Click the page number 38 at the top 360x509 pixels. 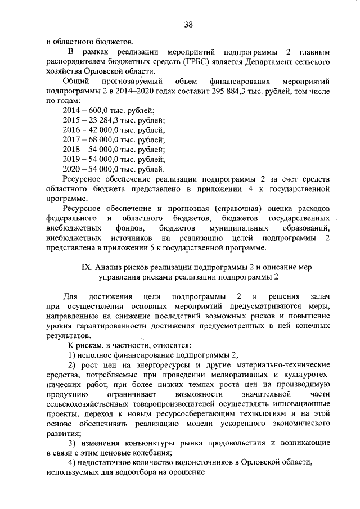tap(188, 24)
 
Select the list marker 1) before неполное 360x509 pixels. tap(71, 354)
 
